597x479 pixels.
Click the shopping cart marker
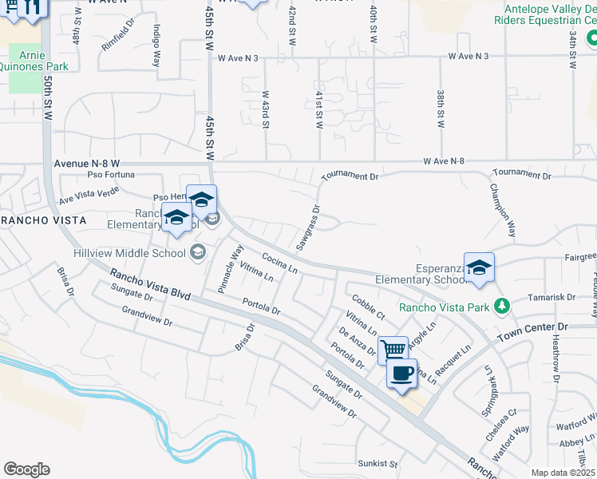[393, 349]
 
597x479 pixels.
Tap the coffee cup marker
[401, 372]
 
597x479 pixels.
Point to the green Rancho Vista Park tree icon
[501, 306]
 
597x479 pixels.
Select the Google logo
[26, 469]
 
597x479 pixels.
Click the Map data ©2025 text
[563, 473]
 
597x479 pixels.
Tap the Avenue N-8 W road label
[87, 163]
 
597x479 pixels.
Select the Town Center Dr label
[532, 328]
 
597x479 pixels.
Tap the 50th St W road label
[48, 100]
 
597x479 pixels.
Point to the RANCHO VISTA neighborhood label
[32, 220]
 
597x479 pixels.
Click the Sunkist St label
[378, 463]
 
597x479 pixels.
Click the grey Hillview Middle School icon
[196, 253]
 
